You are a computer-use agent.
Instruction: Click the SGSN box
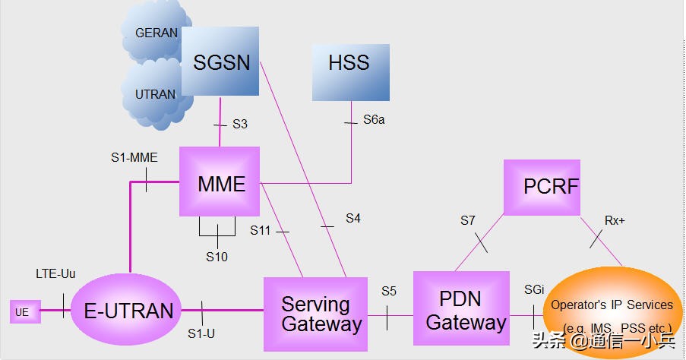tap(220, 62)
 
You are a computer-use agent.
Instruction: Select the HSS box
tap(350, 72)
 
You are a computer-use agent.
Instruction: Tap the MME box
tap(220, 182)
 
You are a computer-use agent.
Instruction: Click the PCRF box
tap(542, 187)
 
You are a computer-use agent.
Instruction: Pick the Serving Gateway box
tap(315, 314)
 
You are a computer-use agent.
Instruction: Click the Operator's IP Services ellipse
tap(611, 311)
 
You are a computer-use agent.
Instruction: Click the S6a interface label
tap(374, 119)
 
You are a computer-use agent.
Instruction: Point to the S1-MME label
tap(134, 158)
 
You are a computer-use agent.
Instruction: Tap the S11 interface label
tap(261, 229)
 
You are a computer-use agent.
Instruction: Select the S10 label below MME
tap(217, 257)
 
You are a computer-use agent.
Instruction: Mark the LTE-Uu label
tap(55, 273)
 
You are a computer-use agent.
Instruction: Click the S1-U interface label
tap(201, 333)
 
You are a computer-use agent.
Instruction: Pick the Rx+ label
tap(615, 220)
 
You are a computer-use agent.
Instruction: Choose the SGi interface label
tap(534, 290)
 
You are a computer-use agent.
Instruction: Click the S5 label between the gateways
tap(389, 291)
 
